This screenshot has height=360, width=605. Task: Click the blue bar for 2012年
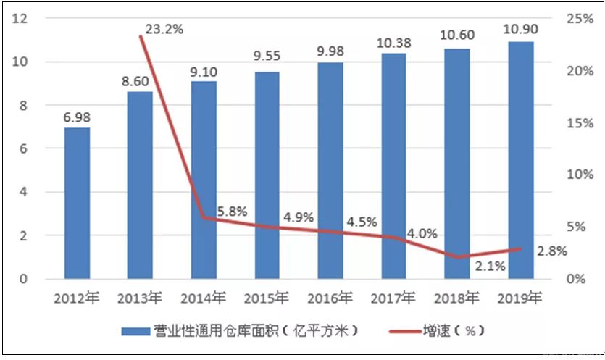[77, 204]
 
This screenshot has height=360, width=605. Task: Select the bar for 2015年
[267, 175]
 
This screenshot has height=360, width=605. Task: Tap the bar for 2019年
[521, 160]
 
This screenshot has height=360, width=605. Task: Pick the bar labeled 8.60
[140, 185]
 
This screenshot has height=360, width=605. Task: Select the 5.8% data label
[232, 212]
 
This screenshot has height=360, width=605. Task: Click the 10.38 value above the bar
[394, 43]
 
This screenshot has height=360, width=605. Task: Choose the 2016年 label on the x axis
[330, 298]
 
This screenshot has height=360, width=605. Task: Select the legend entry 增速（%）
[453, 331]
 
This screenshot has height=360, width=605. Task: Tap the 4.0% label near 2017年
[422, 233]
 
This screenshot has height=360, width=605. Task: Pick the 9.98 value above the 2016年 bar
[330, 51]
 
